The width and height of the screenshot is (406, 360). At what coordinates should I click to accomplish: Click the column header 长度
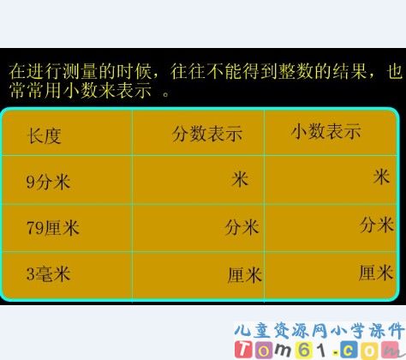45,135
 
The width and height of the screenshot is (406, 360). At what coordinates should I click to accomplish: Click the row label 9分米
48,181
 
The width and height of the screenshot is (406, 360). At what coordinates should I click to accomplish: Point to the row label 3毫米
48,274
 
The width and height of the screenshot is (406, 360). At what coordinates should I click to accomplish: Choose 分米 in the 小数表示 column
376,225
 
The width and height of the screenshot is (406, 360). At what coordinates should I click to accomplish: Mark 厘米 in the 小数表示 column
376,273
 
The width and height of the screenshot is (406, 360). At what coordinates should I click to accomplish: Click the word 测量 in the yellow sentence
87,70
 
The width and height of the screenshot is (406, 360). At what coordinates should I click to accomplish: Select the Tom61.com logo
318,349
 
